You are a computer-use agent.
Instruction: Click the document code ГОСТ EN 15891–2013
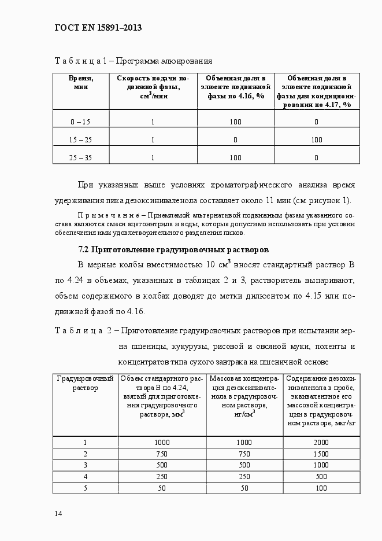[98, 27]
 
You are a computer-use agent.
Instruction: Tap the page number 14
[58, 514]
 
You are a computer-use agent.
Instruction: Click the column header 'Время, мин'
[80, 82]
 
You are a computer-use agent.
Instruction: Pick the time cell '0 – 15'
[80, 122]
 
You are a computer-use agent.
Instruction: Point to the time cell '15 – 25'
[80, 139]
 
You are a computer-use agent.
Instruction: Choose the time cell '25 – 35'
[80, 157]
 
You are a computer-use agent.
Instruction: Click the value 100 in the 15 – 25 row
[316, 139]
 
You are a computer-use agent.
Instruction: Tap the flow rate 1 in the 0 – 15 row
[153, 122]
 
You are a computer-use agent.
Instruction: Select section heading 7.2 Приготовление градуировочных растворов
[173, 250]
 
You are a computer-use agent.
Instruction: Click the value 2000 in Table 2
[321, 442]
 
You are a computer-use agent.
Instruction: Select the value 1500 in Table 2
[321, 453]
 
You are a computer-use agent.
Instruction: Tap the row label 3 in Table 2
[85, 465]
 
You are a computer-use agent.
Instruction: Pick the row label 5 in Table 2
[85, 488]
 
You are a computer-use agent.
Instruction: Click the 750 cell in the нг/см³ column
[245, 453]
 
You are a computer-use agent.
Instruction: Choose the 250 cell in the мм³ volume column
[162, 476]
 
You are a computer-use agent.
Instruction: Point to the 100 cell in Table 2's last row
[321, 488]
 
